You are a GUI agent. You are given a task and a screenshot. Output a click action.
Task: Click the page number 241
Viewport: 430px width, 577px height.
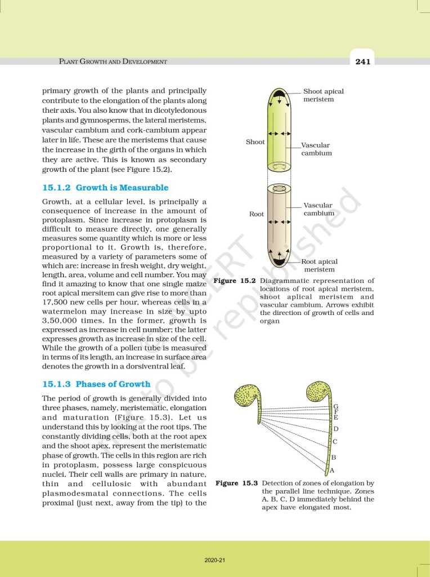(x=363, y=61)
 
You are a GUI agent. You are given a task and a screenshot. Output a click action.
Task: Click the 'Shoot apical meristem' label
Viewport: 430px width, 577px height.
(x=323, y=95)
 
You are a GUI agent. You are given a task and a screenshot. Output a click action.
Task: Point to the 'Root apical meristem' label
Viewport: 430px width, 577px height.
(x=319, y=265)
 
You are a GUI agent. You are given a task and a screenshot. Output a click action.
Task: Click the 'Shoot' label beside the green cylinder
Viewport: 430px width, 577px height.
(x=255, y=142)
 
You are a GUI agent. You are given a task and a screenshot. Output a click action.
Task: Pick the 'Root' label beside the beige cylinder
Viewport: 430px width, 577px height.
(x=256, y=214)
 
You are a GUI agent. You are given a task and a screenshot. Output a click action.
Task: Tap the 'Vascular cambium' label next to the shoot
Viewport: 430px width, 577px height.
(x=316, y=149)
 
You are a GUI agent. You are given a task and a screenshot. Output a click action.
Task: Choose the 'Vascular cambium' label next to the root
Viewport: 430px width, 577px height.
(x=319, y=209)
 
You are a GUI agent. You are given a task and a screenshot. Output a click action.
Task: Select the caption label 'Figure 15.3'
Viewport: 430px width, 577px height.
(x=236, y=483)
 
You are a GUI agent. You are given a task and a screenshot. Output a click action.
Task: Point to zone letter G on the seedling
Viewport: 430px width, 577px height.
(x=336, y=407)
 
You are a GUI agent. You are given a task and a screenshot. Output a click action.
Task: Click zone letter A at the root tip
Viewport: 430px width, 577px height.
(x=332, y=470)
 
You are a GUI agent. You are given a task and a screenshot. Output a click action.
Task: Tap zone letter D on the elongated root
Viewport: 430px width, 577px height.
(x=335, y=430)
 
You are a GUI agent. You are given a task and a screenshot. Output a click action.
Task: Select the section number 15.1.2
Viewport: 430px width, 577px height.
(x=56, y=187)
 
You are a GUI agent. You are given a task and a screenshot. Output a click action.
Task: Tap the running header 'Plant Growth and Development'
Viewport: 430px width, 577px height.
(x=113, y=61)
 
